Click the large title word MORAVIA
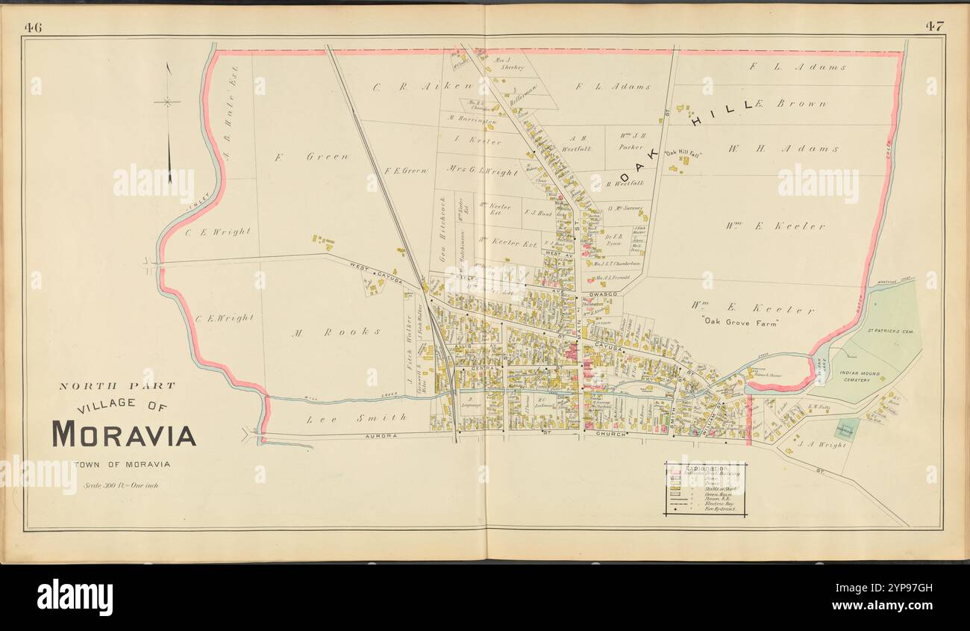point(123,434)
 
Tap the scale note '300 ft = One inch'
point(122,485)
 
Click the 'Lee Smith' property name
point(357,418)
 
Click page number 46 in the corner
point(33,27)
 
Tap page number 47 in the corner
point(935,26)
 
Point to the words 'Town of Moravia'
point(122,464)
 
